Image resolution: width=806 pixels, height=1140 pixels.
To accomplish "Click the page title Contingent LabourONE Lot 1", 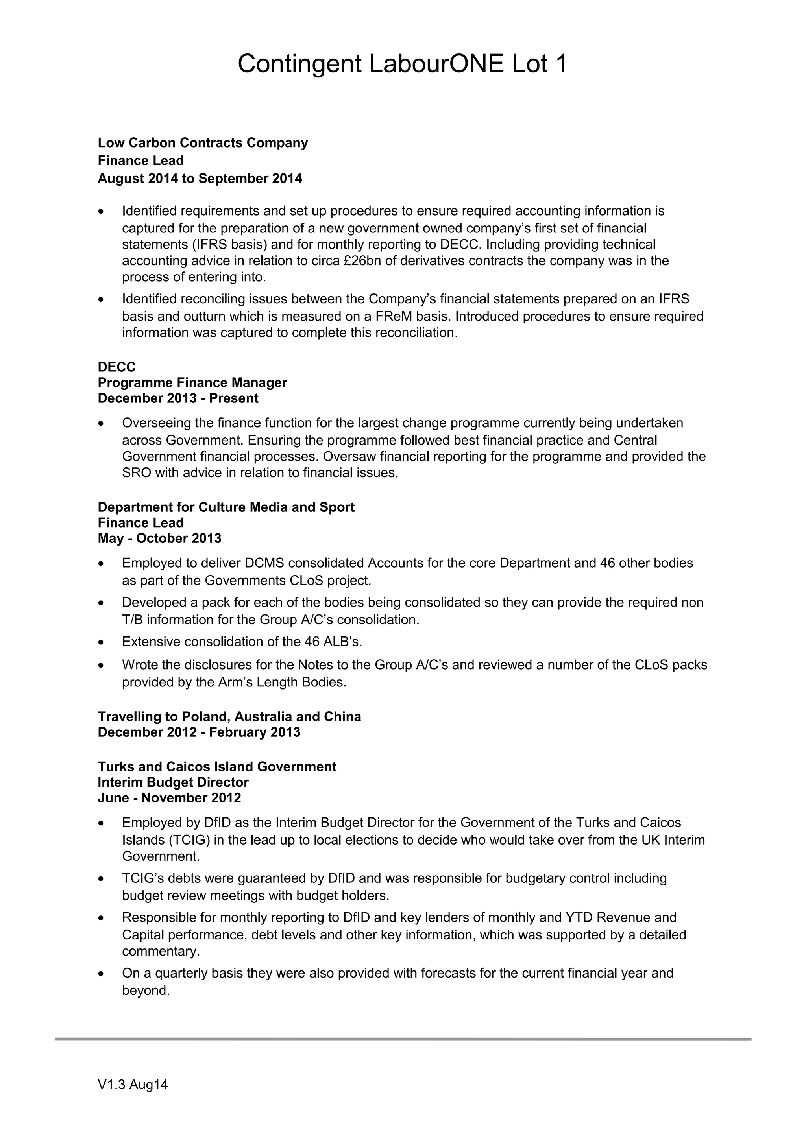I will [x=402, y=64].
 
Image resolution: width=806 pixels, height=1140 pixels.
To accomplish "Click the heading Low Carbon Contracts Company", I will [x=203, y=143].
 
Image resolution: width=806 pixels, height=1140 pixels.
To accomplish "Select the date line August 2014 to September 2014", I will [x=200, y=179].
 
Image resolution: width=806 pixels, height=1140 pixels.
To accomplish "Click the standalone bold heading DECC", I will [x=117, y=367].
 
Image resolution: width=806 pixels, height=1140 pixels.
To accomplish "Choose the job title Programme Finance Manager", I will [x=192, y=383].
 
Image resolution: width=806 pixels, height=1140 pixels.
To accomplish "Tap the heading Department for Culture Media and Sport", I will [x=226, y=507].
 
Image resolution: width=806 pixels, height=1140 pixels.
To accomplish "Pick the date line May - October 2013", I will [x=159, y=539].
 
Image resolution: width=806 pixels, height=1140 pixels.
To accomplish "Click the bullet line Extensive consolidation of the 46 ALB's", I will [x=242, y=642].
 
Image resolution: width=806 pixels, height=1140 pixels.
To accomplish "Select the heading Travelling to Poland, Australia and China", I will [x=229, y=717].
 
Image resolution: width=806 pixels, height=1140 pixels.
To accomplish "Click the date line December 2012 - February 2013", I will [x=199, y=732].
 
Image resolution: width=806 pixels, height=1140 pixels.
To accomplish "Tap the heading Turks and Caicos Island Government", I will [x=217, y=767].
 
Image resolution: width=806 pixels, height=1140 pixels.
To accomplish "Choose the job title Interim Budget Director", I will [x=173, y=782].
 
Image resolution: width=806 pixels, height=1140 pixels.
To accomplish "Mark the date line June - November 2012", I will [x=169, y=799].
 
